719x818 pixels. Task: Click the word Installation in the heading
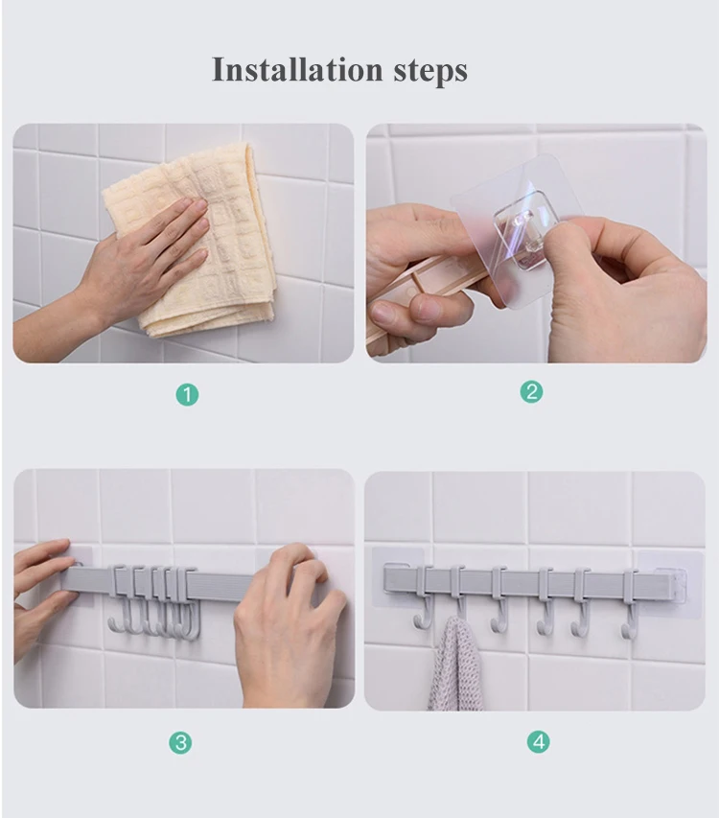pos(297,70)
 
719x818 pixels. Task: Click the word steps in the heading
pos(430,71)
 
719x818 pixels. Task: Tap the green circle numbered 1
pos(187,394)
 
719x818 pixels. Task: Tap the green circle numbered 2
pos(531,392)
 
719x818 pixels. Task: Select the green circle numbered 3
pos(180,742)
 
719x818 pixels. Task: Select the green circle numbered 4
pos(539,741)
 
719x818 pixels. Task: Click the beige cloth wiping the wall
pos(198,240)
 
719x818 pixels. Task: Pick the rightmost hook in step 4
pos(629,604)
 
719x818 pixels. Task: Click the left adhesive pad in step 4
pos(397,576)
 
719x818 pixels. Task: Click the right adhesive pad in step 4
pos(670,584)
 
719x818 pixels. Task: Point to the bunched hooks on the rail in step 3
pos(153,602)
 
